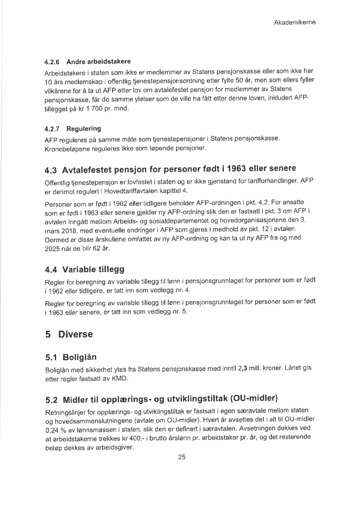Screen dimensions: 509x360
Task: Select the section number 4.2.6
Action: tap(52, 63)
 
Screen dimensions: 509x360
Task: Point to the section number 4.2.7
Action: tap(52, 129)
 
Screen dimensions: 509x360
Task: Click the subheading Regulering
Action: tap(84, 129)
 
